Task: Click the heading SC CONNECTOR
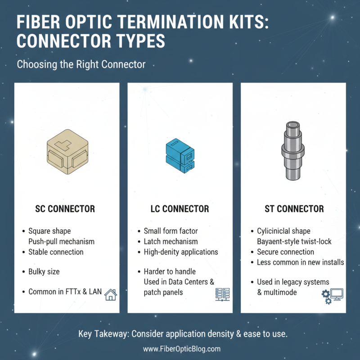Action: click(65, 209)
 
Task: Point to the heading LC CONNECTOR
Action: click(180, 209)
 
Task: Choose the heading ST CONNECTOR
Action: click(294, 209)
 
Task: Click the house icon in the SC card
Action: click(110, 295)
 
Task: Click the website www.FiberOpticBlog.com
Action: click(182, 349)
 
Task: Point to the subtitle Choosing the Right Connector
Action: click(81, 64)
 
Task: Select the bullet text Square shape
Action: click(49, 231)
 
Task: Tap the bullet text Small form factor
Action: click(171, 231)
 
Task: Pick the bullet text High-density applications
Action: click(181, 252)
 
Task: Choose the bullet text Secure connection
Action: click(285, 252)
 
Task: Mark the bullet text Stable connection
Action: click(56, 252)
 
